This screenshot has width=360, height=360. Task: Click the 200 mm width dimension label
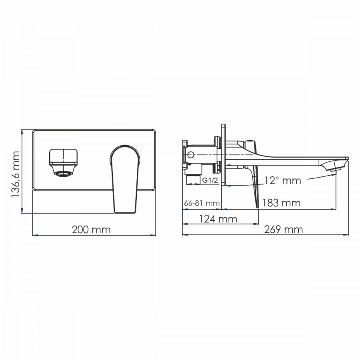pos(91,230)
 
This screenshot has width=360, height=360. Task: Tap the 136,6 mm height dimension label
pos(15,174)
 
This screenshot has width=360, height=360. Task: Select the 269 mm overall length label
pos(283,229)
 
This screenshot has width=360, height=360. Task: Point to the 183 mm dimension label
pos(281,203)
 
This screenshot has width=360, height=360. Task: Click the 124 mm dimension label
pos(218,219)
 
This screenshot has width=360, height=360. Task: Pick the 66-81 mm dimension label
pos(202,203)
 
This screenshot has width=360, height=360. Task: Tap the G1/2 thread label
pos(210,180)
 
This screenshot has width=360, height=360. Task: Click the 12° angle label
pos(283,180)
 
